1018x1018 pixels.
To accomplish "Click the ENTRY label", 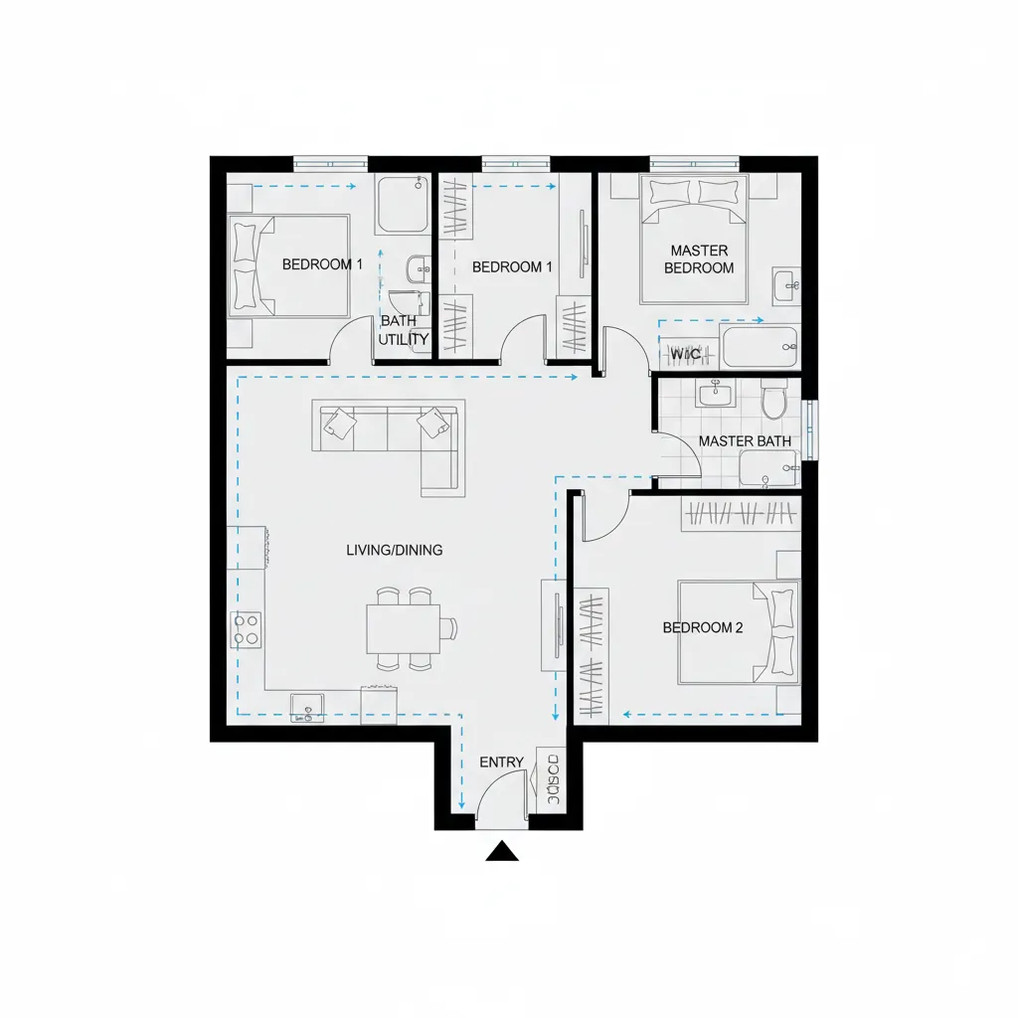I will (x=501, y=763).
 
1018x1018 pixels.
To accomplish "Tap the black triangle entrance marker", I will (x=503, y=851).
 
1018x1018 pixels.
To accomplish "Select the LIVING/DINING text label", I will (x=395, y=550).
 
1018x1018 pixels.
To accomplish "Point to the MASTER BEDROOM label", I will (x=699, y=259).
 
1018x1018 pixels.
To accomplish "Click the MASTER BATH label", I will (x=746, y=440).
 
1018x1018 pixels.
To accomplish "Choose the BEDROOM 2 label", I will (x=703, y=627).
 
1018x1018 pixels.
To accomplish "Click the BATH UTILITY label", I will (x=404, y=331).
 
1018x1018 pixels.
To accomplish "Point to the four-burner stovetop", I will (x=246, y=627).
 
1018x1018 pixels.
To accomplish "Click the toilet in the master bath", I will (x=772, y=400).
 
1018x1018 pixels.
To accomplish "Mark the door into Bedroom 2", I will (x=602, y=517).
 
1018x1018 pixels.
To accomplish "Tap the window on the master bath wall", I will (x=810, y=429).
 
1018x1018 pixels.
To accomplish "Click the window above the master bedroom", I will (x=694, y=163).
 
